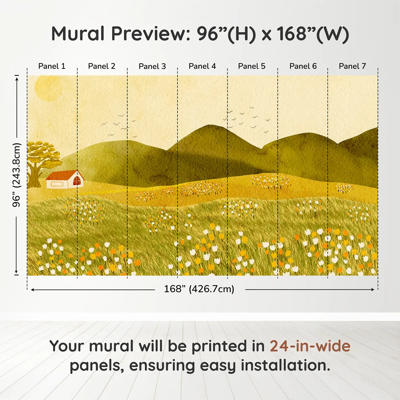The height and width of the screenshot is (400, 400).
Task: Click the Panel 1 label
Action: [x=52, y=66]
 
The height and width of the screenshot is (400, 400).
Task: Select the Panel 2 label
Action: [x=101, y=66]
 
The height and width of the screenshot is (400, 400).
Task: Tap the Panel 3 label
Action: [x=152, y=66]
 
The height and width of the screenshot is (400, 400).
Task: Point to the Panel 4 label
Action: [x=202, y=66]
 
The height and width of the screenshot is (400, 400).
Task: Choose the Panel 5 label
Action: [x=251, y=66]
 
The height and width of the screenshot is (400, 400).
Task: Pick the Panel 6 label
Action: [x=303, y=66]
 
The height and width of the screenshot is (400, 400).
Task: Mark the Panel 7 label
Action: [x=352, y=66]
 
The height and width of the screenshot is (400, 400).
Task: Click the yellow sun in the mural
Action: [x=48, y=88]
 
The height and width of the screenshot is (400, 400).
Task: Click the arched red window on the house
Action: [x=77, y=181]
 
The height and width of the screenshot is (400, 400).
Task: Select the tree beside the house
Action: [x=40, y=160]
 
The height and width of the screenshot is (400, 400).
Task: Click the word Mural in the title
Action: [x=78, y=34]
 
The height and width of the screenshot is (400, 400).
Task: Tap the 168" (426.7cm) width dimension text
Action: [x=199, y=289]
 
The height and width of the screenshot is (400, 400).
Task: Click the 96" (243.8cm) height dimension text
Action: [x=17, y=175]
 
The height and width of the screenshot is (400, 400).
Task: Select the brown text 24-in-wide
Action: [x=310, y=346]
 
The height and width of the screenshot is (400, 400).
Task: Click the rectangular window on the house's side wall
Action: [x=57, y=184]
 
